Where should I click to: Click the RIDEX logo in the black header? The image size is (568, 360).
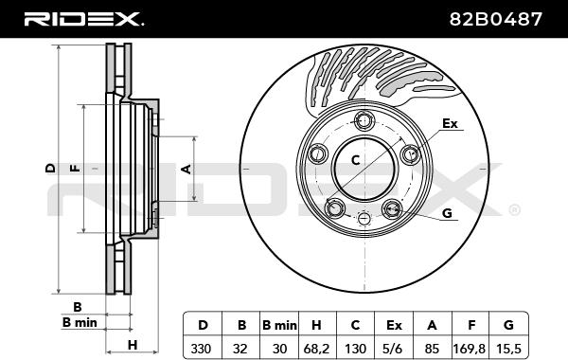point(83,19)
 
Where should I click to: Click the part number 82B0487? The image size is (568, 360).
point(495,19)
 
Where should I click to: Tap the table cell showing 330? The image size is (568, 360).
point(201,349)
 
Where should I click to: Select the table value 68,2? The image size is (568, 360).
point(316,349)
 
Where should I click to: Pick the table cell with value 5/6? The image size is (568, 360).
point(394,349)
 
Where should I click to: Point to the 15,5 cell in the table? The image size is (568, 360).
point(508,349)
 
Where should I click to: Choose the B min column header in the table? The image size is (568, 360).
point(279,325)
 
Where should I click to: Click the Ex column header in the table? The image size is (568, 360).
point(394,325)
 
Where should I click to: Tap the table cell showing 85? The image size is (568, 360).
point(432,349)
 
